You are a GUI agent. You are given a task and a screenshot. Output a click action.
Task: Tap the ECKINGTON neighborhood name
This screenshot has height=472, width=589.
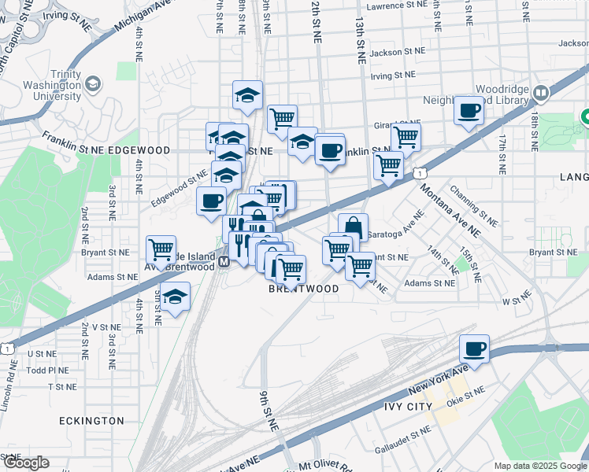point(91,421)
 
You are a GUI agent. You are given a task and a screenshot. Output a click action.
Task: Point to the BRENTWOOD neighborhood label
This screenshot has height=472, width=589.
point(304,289)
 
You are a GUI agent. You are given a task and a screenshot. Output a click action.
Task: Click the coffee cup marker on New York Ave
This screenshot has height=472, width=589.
point(475,348)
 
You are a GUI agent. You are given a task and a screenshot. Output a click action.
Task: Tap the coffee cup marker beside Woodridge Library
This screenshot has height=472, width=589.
point(469,110)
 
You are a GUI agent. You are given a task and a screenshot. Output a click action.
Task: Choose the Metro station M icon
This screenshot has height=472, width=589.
point(224,261)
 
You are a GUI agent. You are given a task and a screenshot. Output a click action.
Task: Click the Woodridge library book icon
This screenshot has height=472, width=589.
point(540,93)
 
